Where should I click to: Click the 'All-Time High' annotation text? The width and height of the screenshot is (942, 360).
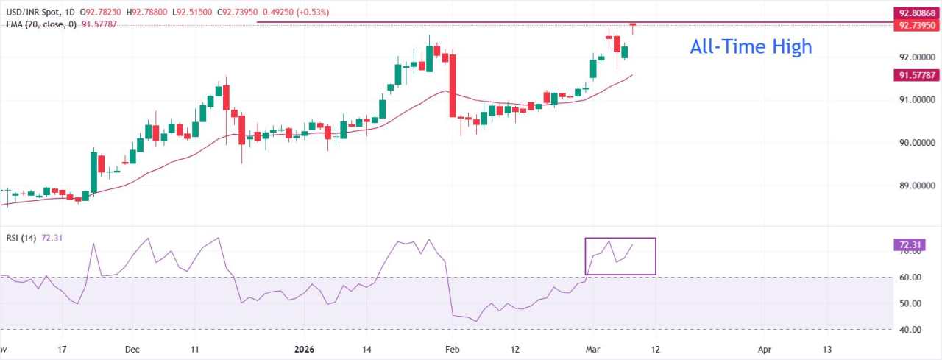tap(751, 47)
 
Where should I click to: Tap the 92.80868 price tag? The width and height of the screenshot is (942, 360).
tap(916, 13)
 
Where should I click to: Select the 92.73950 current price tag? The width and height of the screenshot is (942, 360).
tap(916, 26)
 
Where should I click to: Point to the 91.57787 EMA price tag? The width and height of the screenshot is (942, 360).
tap(916, 75)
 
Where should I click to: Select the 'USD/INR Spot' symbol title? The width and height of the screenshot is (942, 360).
tap(30, 13)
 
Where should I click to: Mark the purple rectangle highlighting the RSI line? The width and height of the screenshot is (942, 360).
tap(620, 256)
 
